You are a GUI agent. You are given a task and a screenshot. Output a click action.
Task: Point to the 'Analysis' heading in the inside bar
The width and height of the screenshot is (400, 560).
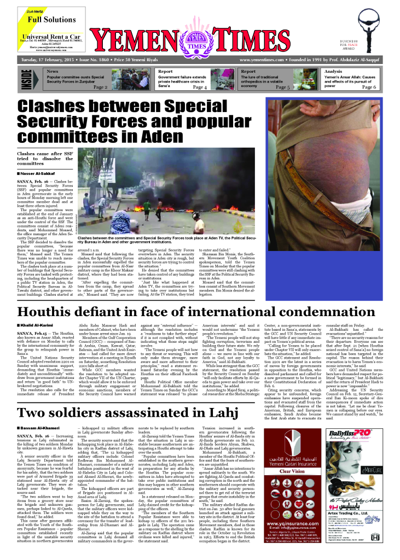[x=333, y=71]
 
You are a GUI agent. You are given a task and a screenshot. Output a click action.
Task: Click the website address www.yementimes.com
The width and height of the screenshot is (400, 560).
[x=259, y=59]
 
